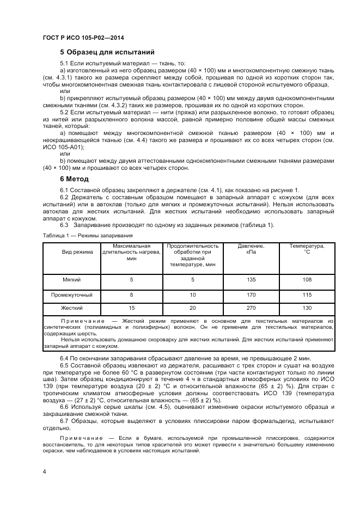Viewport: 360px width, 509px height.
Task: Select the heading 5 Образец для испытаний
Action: pyautogui.click(x=107, y=52)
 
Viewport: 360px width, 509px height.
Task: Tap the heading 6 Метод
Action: pyautogui.click(x=75, y=179)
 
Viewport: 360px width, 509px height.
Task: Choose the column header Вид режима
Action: pyautogui.click(x=77, y=252)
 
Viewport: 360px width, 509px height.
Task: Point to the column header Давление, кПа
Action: pyautogui.click(x=251, y=249)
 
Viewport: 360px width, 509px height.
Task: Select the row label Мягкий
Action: pyautogui.click(x=72, y=280)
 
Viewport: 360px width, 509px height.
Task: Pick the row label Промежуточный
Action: pyautogui.click(x=72, y=295)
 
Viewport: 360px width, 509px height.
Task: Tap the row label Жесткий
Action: pyautogui.click(x=72, y=309)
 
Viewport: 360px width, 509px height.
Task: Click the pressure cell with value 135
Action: pyautogui.click(x=251, y=280)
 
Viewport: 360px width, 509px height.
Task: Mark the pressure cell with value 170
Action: pyautogui.click(x=251, y=295)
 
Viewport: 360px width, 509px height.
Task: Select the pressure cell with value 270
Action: pyautogui.click(x=251, y=309)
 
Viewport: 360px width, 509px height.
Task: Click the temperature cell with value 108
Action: pyautogui.click(x=307, y=280)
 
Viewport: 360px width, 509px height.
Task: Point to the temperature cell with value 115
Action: pyautogui.click(x=307, y=295)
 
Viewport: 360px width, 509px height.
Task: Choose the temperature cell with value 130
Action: pyautogui.click(x=307, y=309)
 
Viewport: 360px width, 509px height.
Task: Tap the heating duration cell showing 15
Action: pyautogui.click(x=131, y=309)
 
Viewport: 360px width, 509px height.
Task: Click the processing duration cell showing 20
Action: pyautogui.click(x=192, y=309)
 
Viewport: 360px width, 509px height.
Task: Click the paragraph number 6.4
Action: pyautogui.click(x=65, y=359)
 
